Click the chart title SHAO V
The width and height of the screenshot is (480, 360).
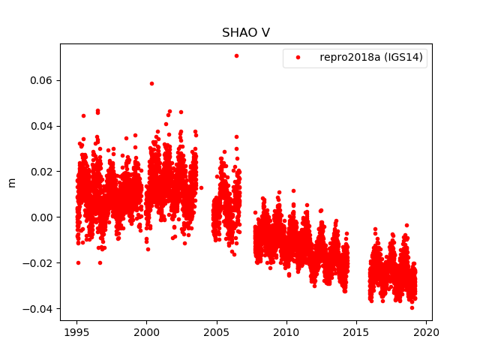[245, 33]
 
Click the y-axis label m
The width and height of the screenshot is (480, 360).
[11, 182]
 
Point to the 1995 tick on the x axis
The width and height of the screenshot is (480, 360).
[76, 333]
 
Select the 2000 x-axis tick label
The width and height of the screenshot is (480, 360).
[146, 333]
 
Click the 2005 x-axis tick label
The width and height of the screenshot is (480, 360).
[217, 333]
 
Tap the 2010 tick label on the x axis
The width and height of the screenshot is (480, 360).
[286, 333]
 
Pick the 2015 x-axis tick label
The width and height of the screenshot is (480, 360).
[356, 333]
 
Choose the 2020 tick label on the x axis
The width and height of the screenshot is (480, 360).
[427, 333]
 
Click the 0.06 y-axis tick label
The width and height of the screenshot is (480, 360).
[40, 80]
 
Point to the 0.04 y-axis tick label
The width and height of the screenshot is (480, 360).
[40, 126]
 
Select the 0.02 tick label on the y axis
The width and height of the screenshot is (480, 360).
[40, 172]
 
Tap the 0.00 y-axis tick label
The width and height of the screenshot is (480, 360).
[40, 217]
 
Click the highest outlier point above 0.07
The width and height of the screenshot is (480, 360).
[236, 55]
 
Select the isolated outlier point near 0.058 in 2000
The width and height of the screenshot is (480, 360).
[151, 83]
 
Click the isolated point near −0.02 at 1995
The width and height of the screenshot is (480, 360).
[78, 262]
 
